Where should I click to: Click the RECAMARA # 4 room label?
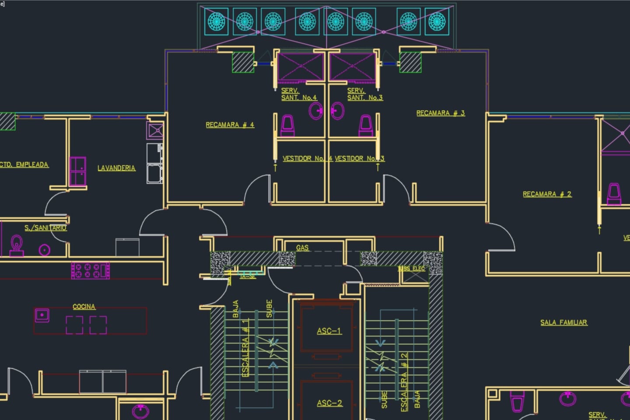click(230, 125)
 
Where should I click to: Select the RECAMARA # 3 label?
click(440, 113)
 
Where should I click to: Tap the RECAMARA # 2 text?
click(547, 194)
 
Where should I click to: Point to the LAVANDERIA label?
click(116, 168)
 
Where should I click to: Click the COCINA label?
click(84, 307)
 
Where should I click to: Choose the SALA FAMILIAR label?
click(563, 322)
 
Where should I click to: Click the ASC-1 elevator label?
click(329, 331)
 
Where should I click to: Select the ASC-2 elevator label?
click(329, 403)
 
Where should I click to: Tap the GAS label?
click(302, 248)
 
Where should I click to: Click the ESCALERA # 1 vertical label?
click(246, 347)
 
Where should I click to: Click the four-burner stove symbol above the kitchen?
click(91, 270)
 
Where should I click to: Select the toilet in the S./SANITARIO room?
click(17, 245)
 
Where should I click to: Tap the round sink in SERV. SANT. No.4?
click(315, 111)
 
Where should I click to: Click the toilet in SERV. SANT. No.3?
click(366, 126)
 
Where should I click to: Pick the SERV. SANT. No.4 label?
click(298, 94)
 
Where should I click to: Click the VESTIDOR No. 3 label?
click(359, 158)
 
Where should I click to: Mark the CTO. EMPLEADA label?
click(24, 165)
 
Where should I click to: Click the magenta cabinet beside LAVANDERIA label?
click(78, 171)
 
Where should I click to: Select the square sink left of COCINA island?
click(42, 315)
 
